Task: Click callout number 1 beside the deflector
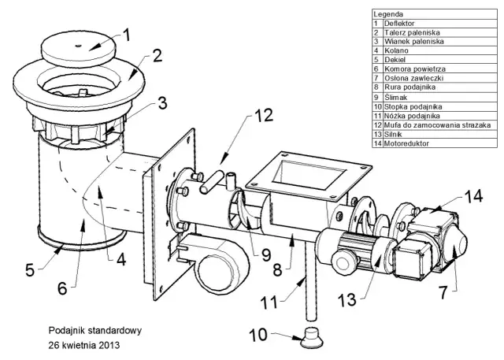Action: coord(127,35)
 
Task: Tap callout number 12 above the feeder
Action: coord(264,115)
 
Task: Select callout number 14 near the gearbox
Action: coord(472,196)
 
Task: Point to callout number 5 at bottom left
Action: coord(30,269)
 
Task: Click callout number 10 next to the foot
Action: coord(258,335)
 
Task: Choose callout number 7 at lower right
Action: coord(443,292)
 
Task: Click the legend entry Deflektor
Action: coord(399,24)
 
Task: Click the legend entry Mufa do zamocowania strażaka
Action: coord(437,125)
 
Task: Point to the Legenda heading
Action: coord(388,14)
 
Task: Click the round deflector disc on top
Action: coord(79,49)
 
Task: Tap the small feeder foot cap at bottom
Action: coord(311,337)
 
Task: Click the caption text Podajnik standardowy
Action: coord(95,331)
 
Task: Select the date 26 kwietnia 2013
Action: coord(84,346)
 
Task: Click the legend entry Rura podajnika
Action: coord(409,87)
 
